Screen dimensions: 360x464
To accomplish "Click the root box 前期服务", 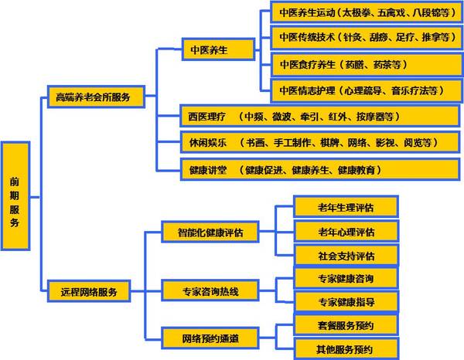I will click(x=15, y=195).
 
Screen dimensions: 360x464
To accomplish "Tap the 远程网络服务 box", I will click(x=90, y=293).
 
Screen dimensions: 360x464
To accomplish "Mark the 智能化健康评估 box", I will click(x=210, y=232).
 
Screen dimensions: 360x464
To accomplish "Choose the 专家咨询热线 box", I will click(x=210, y=291).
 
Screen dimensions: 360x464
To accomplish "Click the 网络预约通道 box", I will click(x=210, y=337).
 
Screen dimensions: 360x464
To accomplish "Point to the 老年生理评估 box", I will click(x=346, y=207).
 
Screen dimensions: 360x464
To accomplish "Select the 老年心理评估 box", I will click(x=346, y=232).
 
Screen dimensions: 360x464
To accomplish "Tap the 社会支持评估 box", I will click(x=346, y=256).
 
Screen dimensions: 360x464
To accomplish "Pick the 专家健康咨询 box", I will click(x=346, y=278).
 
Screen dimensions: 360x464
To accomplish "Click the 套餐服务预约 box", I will click(x=346, y=324).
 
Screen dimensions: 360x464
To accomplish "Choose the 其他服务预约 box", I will click(x=346, y=348).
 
